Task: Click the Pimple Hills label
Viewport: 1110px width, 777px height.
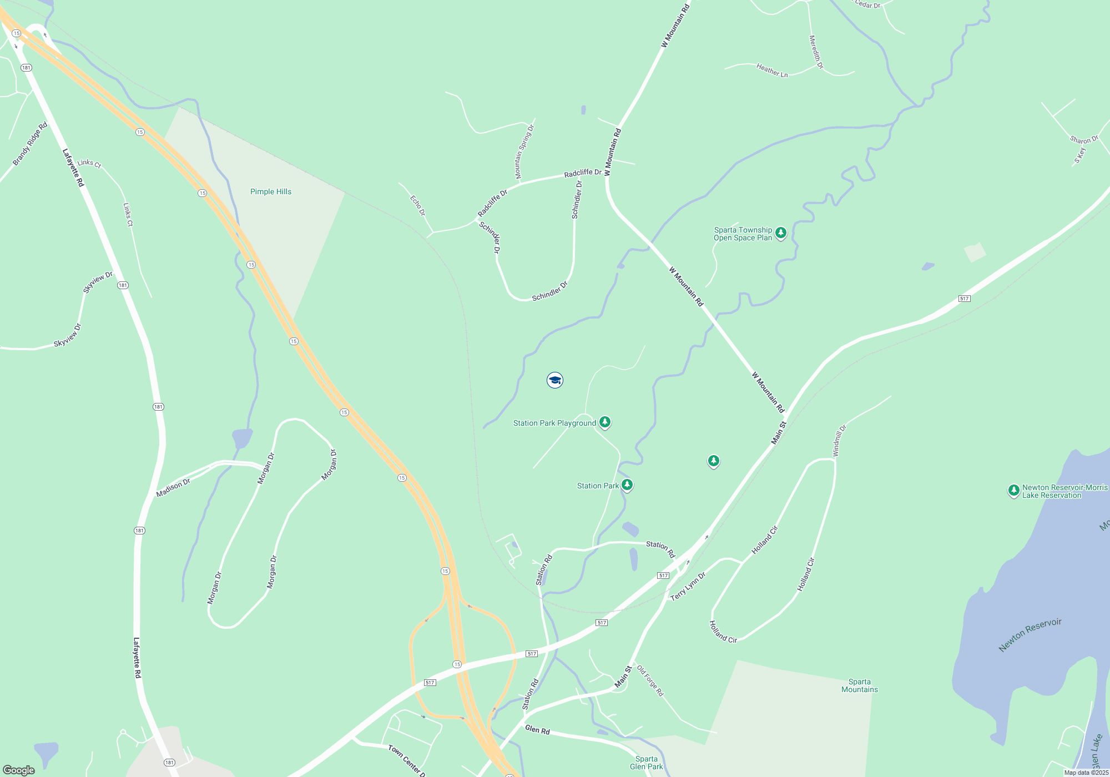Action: (x=270, y=191)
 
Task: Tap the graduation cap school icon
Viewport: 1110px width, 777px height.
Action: (x=554, y=380)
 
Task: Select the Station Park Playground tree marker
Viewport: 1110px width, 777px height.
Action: (x=605, y=422)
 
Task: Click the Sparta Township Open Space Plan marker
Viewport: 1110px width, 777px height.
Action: (x=781, y=233)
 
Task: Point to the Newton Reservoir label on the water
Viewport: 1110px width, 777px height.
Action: (x=1030, y=634)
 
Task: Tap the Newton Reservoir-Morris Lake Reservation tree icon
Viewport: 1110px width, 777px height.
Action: (x=1013, y=490)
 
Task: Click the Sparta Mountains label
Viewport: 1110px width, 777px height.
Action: (x=859, y=685)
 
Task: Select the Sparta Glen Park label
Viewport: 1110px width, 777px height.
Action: (x=646, y=763)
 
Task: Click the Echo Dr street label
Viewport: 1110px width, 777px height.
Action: (x=417, y=205)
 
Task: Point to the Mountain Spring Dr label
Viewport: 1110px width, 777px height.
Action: (x=524, y=152)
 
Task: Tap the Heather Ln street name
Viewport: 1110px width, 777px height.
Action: (x=771, y=70)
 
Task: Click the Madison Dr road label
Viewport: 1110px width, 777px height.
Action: (x=173, y=488)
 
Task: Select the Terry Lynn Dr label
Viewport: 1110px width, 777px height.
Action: (x=688, y=587)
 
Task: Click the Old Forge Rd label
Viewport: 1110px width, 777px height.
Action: (x=649, y=680)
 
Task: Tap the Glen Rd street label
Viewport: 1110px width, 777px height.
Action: (x=537, y=730)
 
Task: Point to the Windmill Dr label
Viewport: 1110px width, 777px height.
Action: (x=839, y=441)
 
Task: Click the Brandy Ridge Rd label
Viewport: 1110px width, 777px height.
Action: (x=30, y=144)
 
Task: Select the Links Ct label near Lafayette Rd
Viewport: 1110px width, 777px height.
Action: (x=89, y=163)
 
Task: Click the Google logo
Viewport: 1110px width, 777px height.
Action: (x=19, y=770)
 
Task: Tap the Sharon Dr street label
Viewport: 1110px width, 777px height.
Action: (x=1084, y=139)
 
